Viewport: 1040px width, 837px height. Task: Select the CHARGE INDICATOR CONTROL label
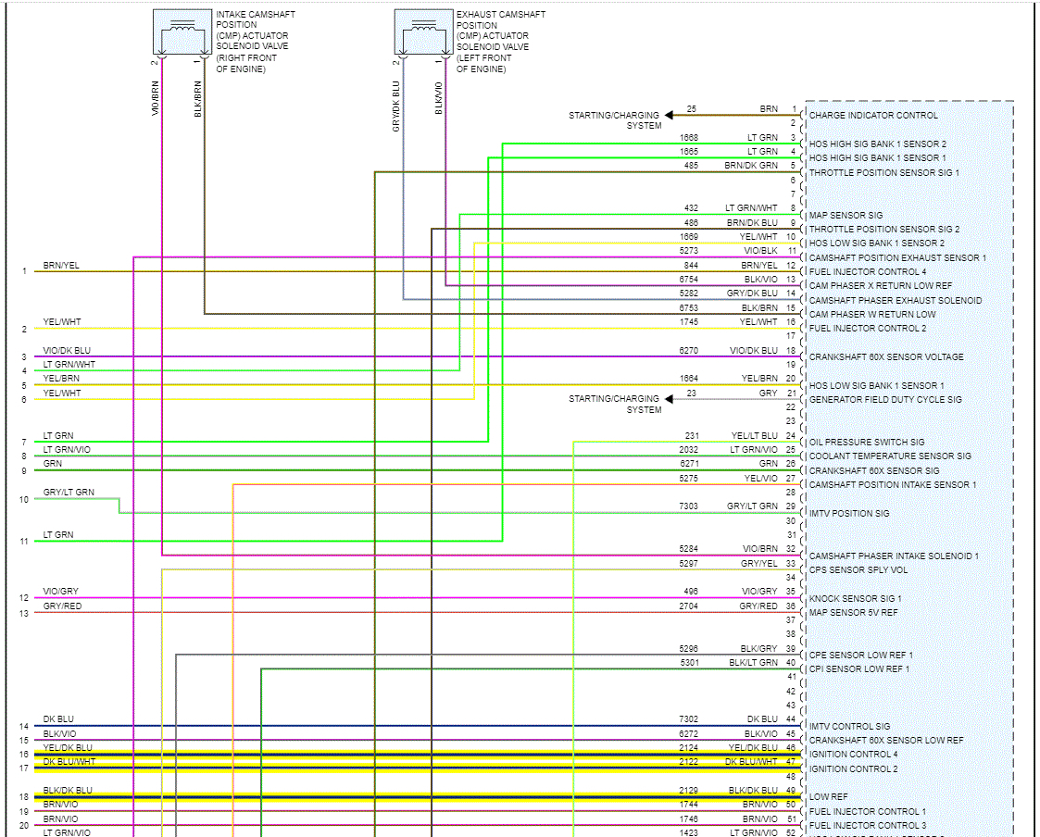coord(873,116)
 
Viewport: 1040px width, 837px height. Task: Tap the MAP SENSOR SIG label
coord(846,216)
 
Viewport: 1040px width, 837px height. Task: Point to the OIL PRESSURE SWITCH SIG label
coord(867,443)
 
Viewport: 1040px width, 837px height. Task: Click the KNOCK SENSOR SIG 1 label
coord(855,599)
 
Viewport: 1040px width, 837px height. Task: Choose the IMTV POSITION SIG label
coord(849,514)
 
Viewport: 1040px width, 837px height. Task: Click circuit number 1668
coord(689,138)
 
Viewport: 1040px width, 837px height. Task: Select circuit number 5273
coord(689,251)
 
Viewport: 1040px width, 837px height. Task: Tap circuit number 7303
coord(689,506)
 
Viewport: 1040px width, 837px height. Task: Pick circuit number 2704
coord(689,606)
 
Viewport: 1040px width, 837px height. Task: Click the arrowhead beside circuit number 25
coord(669,115)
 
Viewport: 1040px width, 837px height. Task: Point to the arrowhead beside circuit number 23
coord(669,399)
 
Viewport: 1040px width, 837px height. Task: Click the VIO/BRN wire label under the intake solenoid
coord(156,98)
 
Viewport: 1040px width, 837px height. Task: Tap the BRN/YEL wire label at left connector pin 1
coord(61,266)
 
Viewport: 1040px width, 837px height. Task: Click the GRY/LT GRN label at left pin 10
coord(69,493)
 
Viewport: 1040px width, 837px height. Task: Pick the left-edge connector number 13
coord(24,613)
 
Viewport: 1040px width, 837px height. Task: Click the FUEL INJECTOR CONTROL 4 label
coord(868,272)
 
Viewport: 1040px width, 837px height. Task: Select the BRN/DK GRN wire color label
coord(751,166)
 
